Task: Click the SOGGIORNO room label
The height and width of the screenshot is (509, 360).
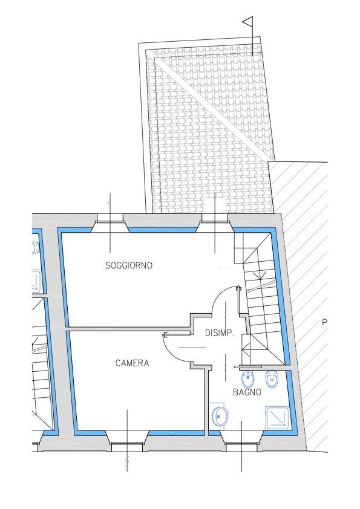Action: pyautogui.click(x=129, y=265)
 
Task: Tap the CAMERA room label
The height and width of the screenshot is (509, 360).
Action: pyautogui.click(x=133, y=363)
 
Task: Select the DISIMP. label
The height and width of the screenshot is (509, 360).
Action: pyautogui.click(x=220, y=333)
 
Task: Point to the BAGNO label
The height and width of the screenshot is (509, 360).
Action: pyautogui.click(x=247, y=392)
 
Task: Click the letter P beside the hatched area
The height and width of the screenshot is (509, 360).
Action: pyautogui.click(x=324, y=323)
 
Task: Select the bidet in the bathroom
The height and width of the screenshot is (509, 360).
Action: pyautogui.click(x=248, y=379)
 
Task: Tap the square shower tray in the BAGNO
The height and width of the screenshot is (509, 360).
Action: pyautogui.click(x=277, y=417)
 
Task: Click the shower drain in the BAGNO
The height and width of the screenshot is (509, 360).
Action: pyautogui.click(x=284, y=424)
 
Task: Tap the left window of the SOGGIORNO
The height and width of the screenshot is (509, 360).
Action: pyautogui.click(x=110, y=223)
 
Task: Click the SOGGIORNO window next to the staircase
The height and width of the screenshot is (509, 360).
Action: pyautogui.click(x=215, y=223)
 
